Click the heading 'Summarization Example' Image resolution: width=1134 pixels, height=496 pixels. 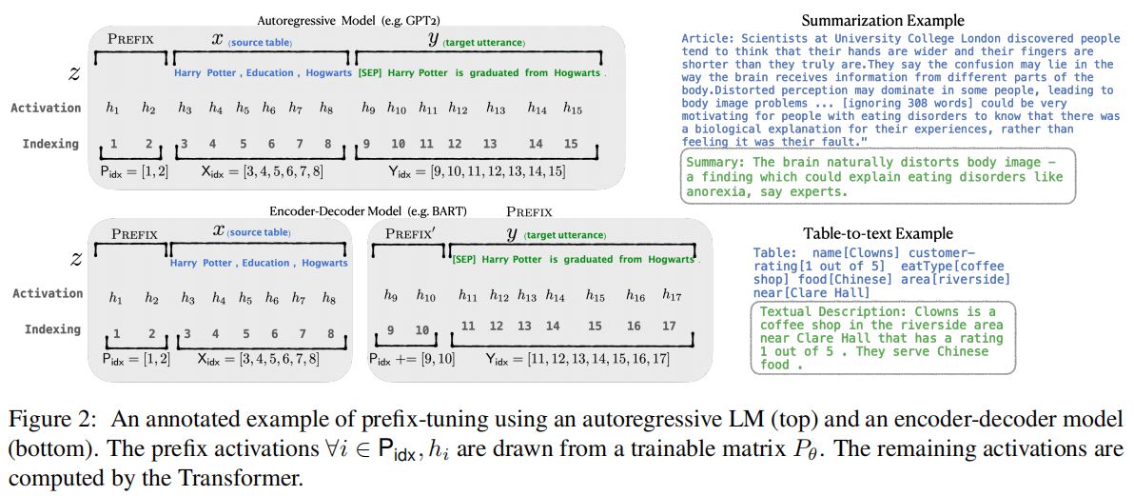point(883,21)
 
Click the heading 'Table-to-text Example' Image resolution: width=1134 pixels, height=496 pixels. point(877,233)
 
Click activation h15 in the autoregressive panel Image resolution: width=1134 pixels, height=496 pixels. point(572,109)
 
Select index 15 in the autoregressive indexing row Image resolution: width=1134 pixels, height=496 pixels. point(571,144)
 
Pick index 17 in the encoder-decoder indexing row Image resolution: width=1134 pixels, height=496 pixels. point(670,327)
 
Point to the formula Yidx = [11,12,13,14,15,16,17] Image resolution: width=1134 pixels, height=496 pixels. point(578,360)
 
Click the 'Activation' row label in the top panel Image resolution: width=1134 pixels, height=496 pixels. point(46,109)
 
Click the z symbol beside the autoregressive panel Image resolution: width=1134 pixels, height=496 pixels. point(75,72)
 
